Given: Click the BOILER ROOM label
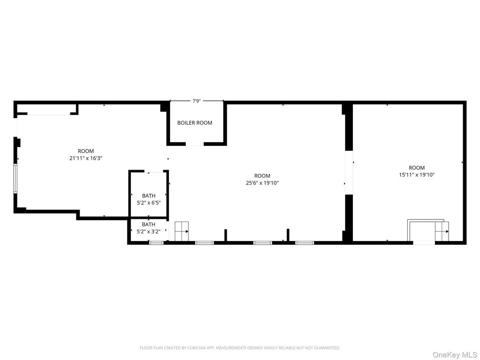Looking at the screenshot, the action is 195,123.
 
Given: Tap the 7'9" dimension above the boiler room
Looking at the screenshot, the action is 196,101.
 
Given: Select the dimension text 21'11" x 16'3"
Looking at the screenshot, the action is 86,158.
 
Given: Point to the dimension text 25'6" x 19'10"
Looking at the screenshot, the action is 262,183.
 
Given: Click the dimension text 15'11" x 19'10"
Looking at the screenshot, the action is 417,175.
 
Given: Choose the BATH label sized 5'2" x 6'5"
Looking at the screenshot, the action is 149,195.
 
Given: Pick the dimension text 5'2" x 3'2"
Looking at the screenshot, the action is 149,232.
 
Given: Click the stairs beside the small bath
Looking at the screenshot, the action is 182,231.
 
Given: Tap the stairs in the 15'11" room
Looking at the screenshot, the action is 442,232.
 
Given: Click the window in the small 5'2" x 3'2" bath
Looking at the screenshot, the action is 157,243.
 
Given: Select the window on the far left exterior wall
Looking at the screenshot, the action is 15,179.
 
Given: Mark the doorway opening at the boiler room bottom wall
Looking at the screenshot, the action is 195,144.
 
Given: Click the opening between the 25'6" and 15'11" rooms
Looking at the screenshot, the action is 349,172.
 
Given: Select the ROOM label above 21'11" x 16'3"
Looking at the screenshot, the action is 86,151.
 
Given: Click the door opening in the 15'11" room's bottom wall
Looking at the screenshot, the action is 424,243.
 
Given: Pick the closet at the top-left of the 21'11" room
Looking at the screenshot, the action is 46,109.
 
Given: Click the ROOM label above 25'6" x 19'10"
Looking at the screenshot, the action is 262,176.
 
